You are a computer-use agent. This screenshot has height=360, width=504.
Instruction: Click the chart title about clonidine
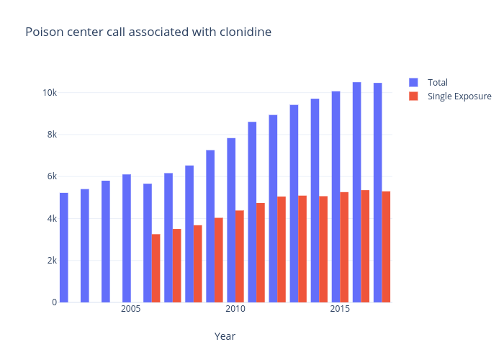pos(148,32)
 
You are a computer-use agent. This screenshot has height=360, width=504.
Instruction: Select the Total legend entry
pos(437,82)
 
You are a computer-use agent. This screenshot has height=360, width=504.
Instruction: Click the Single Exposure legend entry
pos(459,96)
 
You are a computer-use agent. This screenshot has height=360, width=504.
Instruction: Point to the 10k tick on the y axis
pos(50,93)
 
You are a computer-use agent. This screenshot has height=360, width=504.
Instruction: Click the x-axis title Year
pos(225,336)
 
